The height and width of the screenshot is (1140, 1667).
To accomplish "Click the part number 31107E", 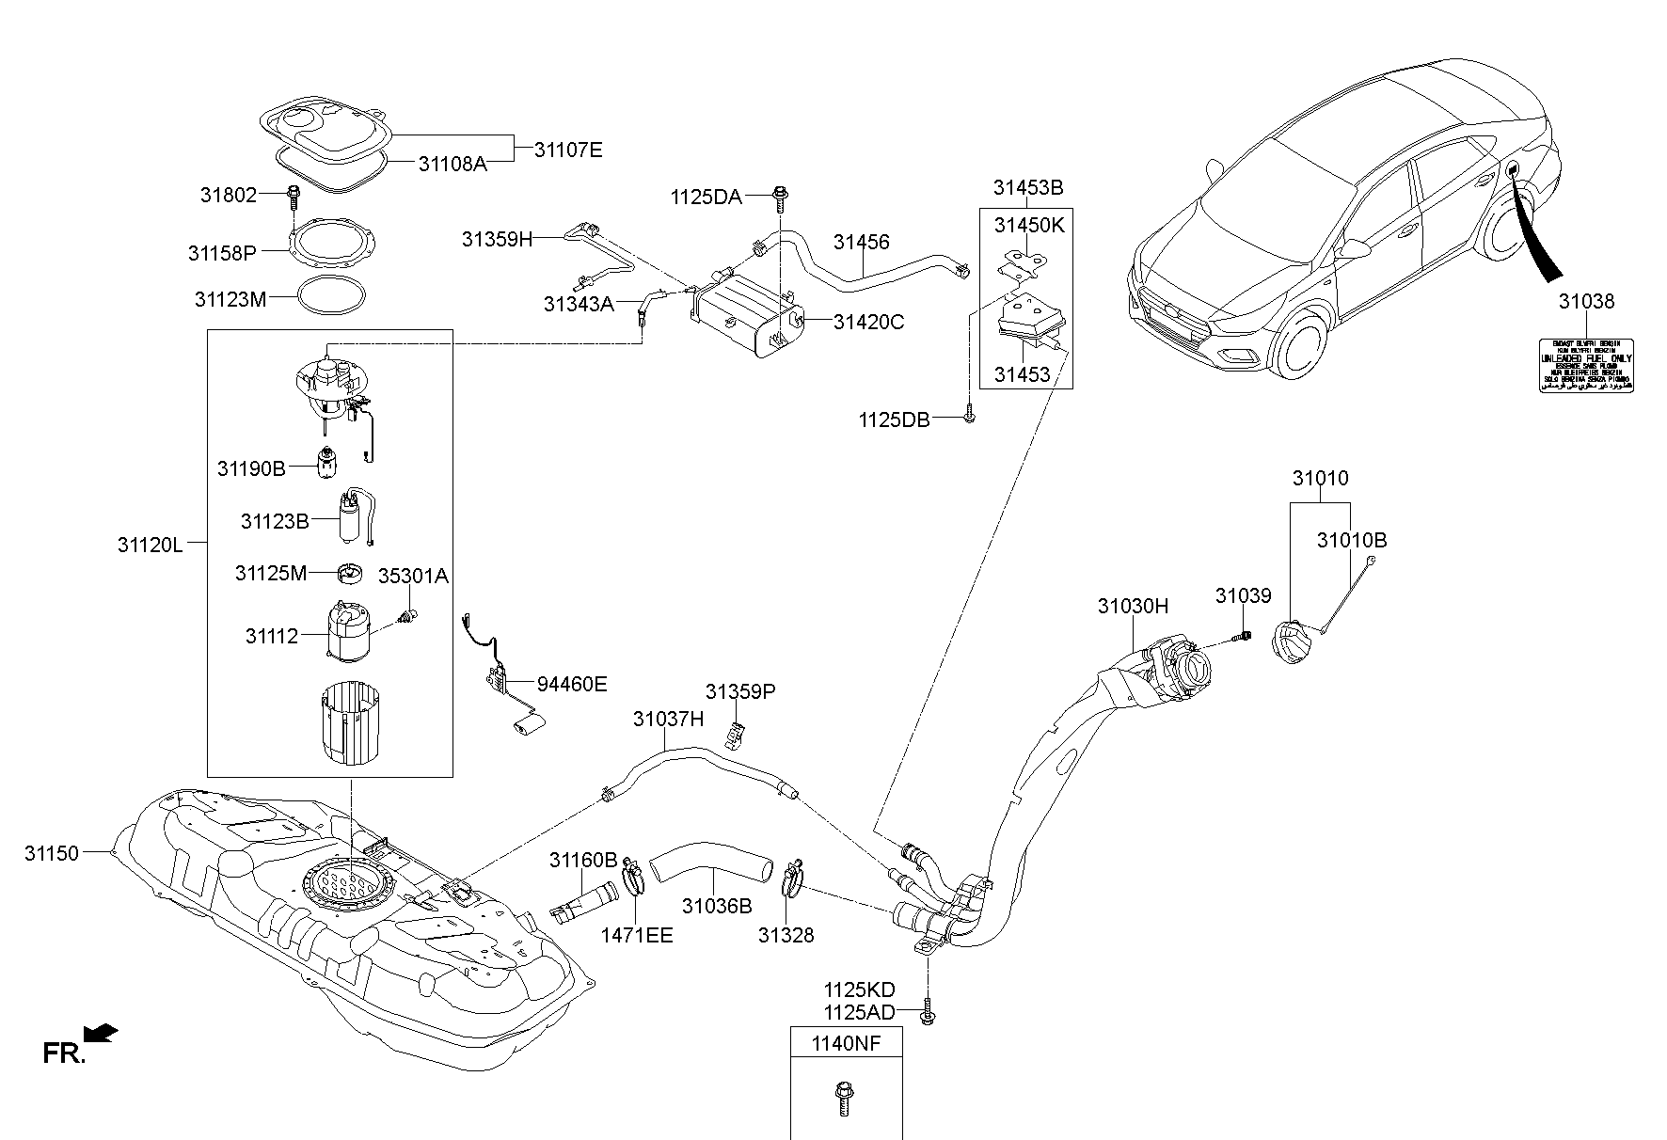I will (x=568, y=150).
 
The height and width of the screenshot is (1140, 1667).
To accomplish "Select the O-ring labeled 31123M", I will (x=331, y=297).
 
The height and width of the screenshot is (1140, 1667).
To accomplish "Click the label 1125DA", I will (x=706, y=197).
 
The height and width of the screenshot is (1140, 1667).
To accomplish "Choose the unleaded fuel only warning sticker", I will (x=1585, y=365).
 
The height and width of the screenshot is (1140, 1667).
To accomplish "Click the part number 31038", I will (x=1586, y=302).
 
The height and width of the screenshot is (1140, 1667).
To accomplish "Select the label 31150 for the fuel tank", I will (x=53, y=853).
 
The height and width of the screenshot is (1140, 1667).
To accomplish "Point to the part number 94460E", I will (x=572, y=684).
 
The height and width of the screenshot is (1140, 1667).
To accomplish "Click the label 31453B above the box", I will (x=1027, y=188).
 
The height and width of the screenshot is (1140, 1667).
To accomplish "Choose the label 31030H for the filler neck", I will (x=1133, y=607).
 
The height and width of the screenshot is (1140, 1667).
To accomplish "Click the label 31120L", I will (x=151, y=545).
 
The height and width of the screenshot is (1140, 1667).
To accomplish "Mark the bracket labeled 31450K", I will (x=1024, y=262).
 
